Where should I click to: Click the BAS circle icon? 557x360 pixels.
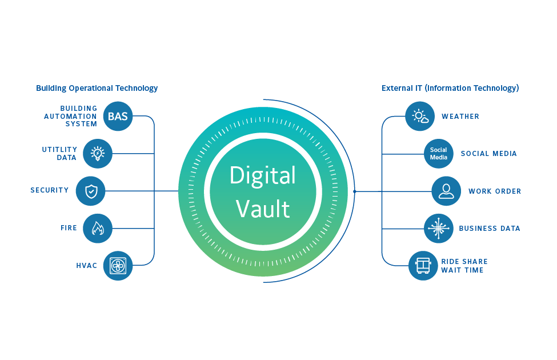tap(118, 117)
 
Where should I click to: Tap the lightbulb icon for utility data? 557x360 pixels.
tap(98, 154)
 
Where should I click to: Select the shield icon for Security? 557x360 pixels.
tap(91, 191)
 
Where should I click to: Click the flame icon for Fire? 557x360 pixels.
tap(98, 229)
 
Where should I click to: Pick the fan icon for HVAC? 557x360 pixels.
tap(118, 266)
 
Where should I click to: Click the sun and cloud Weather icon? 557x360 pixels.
tap(420, 117)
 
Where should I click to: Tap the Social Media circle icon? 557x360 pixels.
tap(439, 154)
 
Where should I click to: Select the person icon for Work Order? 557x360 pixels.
tap(446, 191)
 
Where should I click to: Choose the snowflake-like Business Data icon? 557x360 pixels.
tap(439, 229)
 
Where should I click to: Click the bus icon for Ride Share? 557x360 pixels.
tap(423, 266)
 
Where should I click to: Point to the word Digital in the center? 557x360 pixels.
tap(263, 175)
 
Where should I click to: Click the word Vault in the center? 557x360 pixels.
tap(263, 209)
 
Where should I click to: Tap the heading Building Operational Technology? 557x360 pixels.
tap(97, 88)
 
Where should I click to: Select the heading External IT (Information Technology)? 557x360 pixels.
tap(450, 88)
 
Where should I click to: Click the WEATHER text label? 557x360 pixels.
tap(460, 117)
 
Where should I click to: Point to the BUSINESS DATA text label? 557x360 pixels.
tap(490, 229)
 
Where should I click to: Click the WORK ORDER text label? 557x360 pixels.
tap(495, 191)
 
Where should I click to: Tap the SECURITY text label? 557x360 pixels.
tap(50, 190)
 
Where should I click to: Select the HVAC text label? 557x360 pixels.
tap(87, 266)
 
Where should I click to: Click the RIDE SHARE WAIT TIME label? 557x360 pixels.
tap(464, 266)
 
